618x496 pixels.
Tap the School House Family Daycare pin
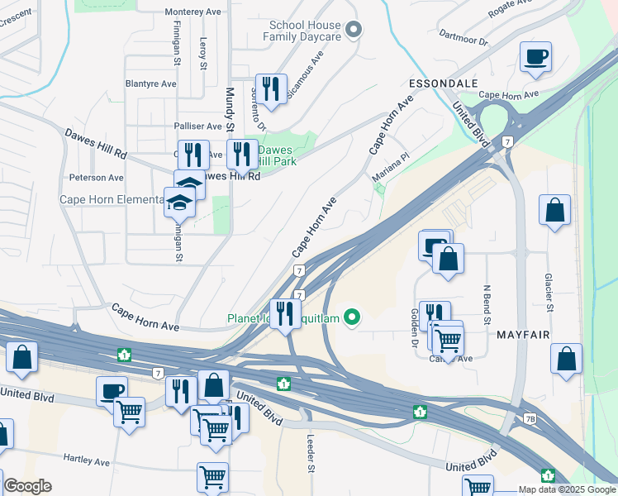pyautogui.click(x=354, y=31)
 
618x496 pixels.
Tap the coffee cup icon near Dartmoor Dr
pyautogui.click(x=535, y=58)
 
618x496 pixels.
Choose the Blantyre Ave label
pyautogui.click(x=151, y=84)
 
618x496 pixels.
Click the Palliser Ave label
pyautogui.click(x=197, y=126)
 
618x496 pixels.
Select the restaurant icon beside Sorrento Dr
pyautogui.click(x=270, y=88)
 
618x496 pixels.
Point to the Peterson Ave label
pyautogui.click(x=97, y=178)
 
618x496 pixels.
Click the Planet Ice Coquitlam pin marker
pyautogui.click(x=353, y=317)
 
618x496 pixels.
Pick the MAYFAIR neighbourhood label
pyautogui.click(x=524, y=336)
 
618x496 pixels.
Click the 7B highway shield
pyautogui.click(x=530, y=419)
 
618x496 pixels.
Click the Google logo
pyautogui.click(x=27, y=486)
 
